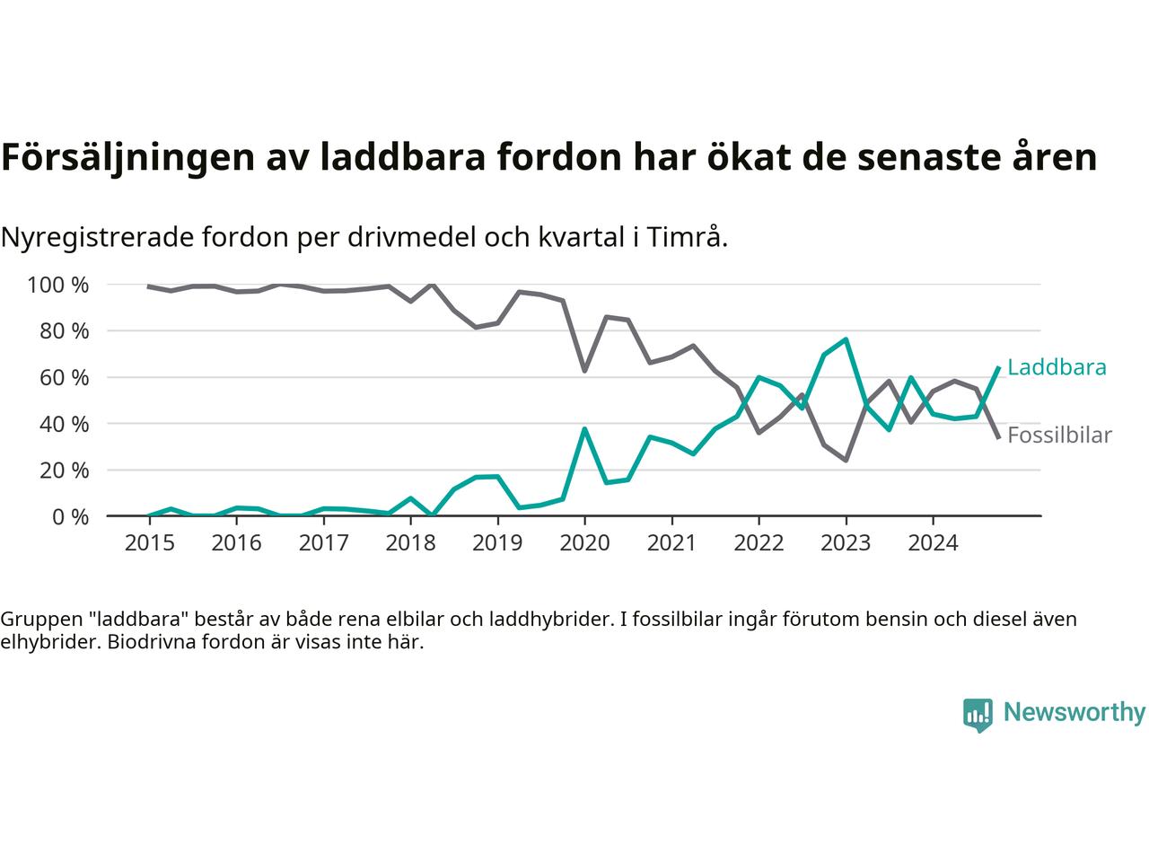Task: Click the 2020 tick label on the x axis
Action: coord(584,543)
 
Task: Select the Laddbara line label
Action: coord(1057,367)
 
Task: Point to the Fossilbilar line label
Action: coord(1059,435)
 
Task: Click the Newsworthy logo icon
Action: coord(978,715)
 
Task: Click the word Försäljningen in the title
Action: coord(125,157)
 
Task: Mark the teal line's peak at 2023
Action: coord(846,339)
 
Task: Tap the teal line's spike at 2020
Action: coord(584,429)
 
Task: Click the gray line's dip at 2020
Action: coord(584,370)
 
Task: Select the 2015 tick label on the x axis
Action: coord(149,543)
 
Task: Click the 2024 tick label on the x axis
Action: coord(933,543)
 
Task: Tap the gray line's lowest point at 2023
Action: coord(846,460)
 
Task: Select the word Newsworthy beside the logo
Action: coord(1074,713)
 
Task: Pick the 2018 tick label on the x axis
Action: coord(410,543)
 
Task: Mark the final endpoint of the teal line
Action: coord(998,367)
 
